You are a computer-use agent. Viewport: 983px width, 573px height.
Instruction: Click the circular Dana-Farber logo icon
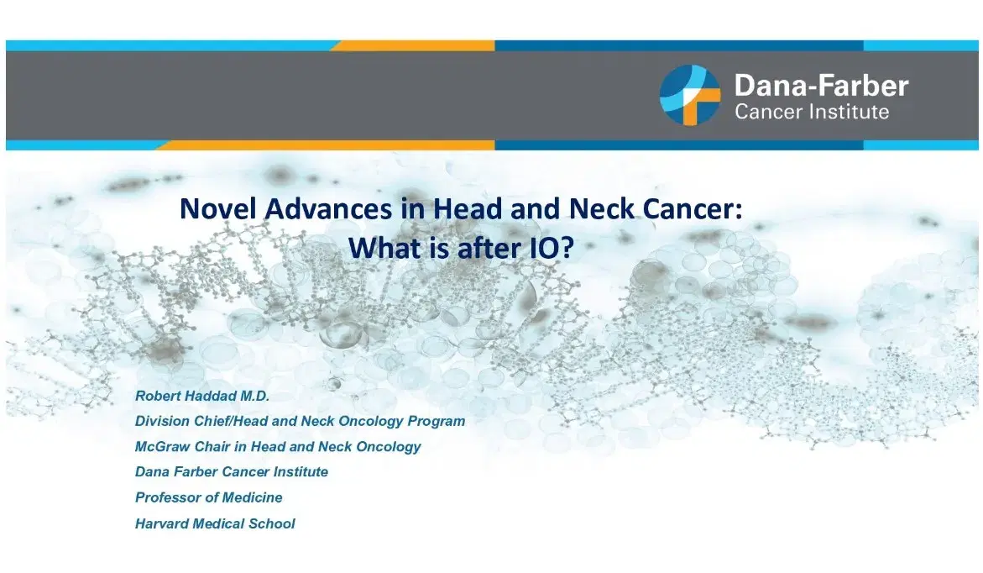click(x=690, y=95)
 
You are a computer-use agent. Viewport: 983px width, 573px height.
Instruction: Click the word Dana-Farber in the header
click(x=821, y=85)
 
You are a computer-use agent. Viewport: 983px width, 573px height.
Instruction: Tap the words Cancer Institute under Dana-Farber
click(x=811, y=112)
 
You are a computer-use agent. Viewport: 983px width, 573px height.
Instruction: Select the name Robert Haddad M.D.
click(x=201, y=395)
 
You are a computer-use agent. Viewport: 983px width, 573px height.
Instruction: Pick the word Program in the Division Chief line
click(x=436, y=421)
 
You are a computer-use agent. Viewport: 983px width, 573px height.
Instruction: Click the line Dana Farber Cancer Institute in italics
click(x=231, y=472)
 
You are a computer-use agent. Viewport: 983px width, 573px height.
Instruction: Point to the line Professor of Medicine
click(x=208, y=497)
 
